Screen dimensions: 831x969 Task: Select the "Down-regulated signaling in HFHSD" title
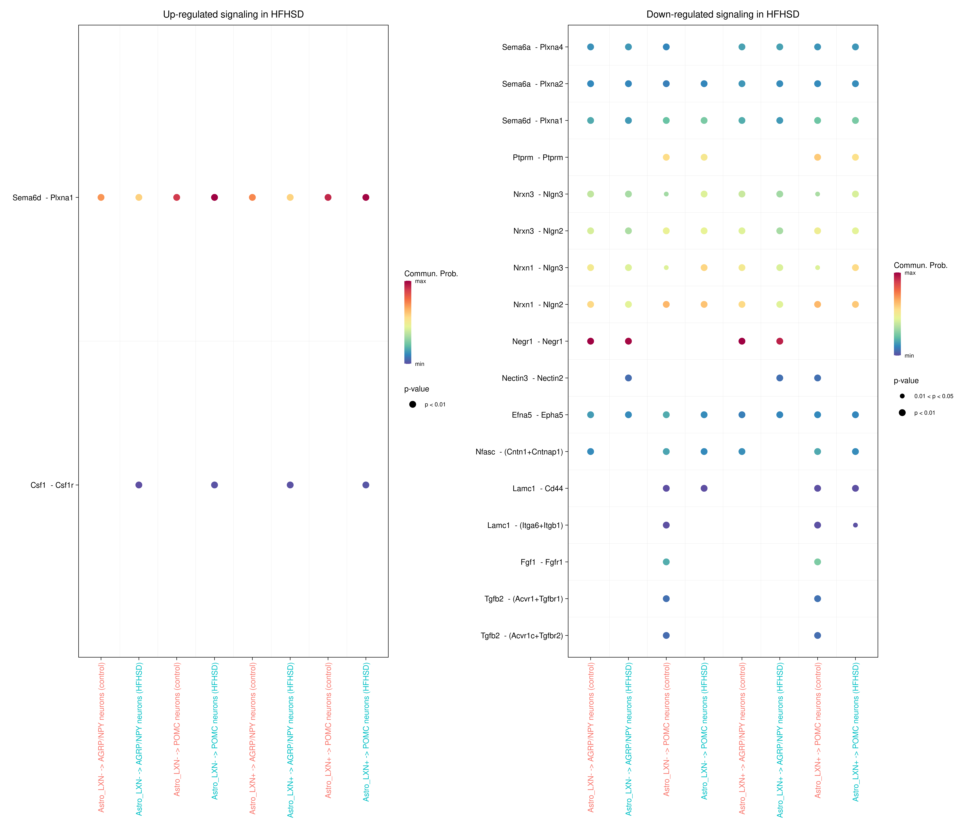click(723, 15)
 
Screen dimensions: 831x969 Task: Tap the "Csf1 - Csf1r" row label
click(52, 485)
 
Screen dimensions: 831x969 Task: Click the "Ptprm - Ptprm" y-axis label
click(538, 158)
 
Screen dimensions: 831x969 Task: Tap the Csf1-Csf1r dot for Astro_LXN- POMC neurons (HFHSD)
click(214, 485)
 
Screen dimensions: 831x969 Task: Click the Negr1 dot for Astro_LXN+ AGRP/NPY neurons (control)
click(742, 341)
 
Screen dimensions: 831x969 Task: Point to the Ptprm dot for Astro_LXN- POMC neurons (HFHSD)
click(704, 157)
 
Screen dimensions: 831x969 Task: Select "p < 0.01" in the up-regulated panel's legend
click(435, 405)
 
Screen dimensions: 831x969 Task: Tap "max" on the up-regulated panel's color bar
click(420, 281)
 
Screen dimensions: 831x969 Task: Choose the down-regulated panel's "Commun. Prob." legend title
click(920, 265)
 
